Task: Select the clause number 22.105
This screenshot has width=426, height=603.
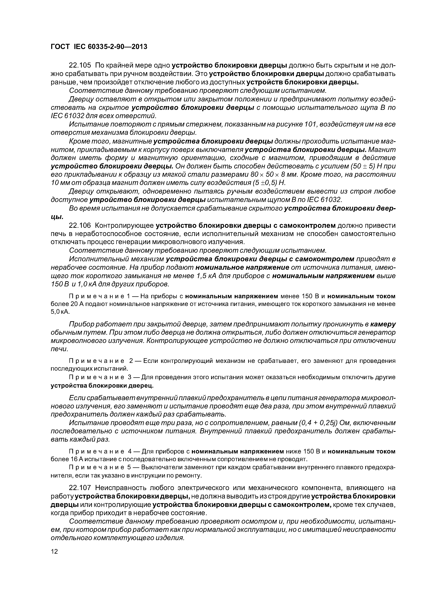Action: [x=80, y=65]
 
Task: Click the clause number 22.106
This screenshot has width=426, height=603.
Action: [x=80, y=225]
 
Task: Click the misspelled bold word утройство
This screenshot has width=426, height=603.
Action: [x=110, y=200]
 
